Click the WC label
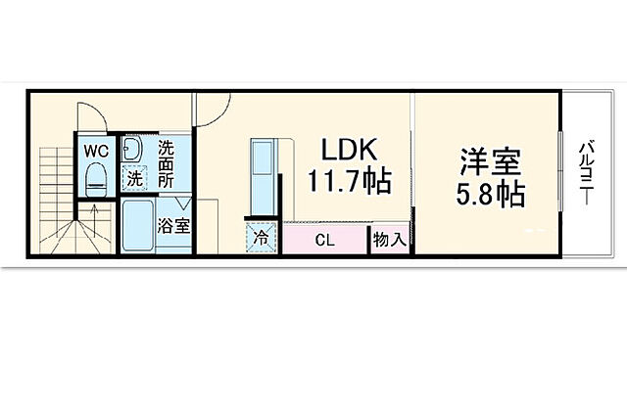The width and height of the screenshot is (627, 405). coord(95,151)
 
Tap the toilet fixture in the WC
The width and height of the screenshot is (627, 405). coord(95,179)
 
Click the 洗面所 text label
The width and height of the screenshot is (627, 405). coord(166,163)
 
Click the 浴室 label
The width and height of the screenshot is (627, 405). coord(173,225)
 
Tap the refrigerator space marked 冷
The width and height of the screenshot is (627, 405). coord(262,238)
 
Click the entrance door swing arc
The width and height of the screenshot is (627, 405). coord(211,108)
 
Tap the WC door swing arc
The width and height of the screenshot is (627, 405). coord(87,117)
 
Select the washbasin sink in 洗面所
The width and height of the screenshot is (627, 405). coord(132,151)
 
